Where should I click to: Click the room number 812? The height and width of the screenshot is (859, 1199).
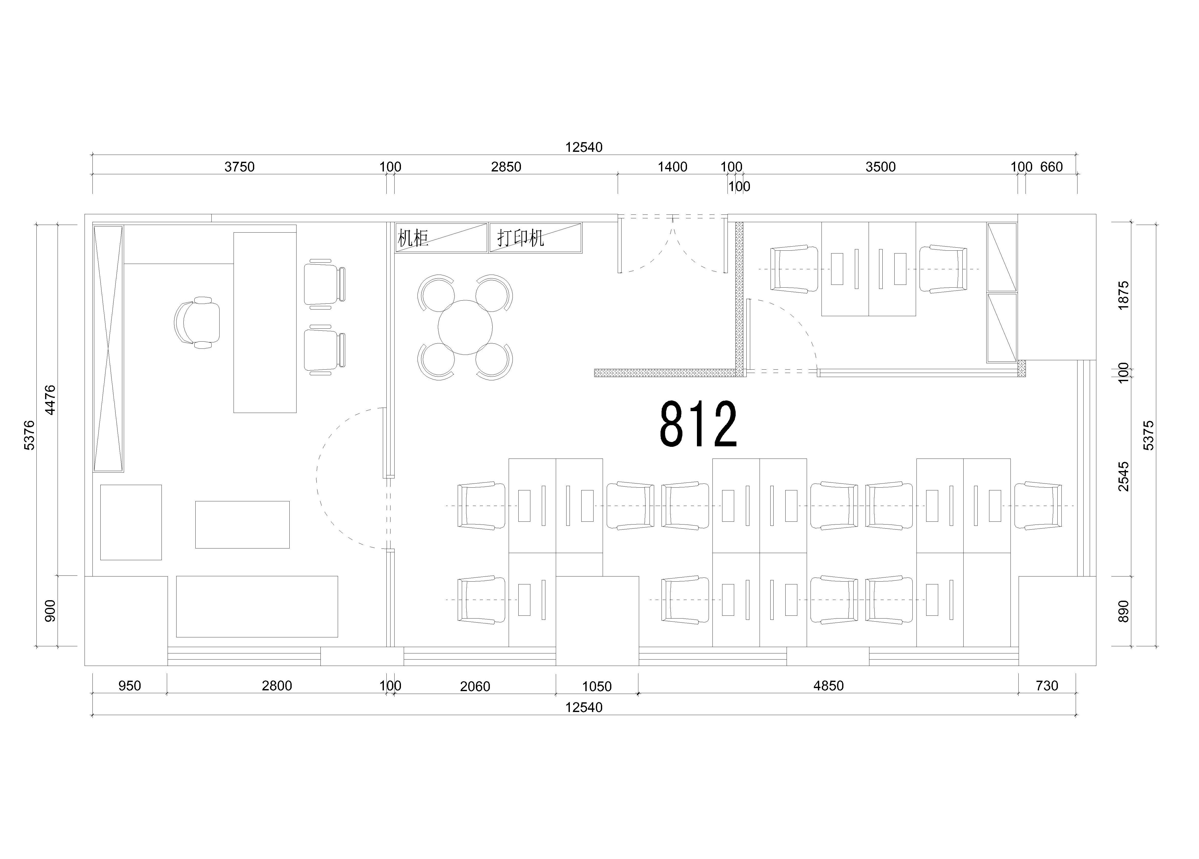[698, 424]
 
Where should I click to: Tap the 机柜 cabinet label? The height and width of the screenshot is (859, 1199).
[413, 238]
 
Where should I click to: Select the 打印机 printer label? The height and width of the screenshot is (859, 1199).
[521, 238]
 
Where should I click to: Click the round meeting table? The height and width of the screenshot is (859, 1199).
[465, 327]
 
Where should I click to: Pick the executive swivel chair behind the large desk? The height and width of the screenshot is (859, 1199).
[197, 323]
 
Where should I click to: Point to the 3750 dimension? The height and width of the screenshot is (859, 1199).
[239, 167]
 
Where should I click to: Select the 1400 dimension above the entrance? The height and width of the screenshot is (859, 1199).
[672, 167]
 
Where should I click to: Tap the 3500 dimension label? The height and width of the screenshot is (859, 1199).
[881, 167]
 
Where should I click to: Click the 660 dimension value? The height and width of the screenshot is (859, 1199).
[1052, 167]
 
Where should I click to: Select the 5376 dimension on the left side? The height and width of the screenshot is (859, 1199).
[30, 435]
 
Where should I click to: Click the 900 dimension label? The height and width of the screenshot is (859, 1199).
[50, 611]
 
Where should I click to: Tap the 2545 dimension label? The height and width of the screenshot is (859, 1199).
[1123, 476]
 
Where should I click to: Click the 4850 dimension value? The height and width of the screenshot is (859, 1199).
[828, 686]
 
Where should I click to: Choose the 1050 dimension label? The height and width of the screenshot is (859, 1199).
[597, 686]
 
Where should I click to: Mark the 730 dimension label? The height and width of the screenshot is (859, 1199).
[1047, 686]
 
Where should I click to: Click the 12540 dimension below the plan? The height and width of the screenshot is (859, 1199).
[584, 707]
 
